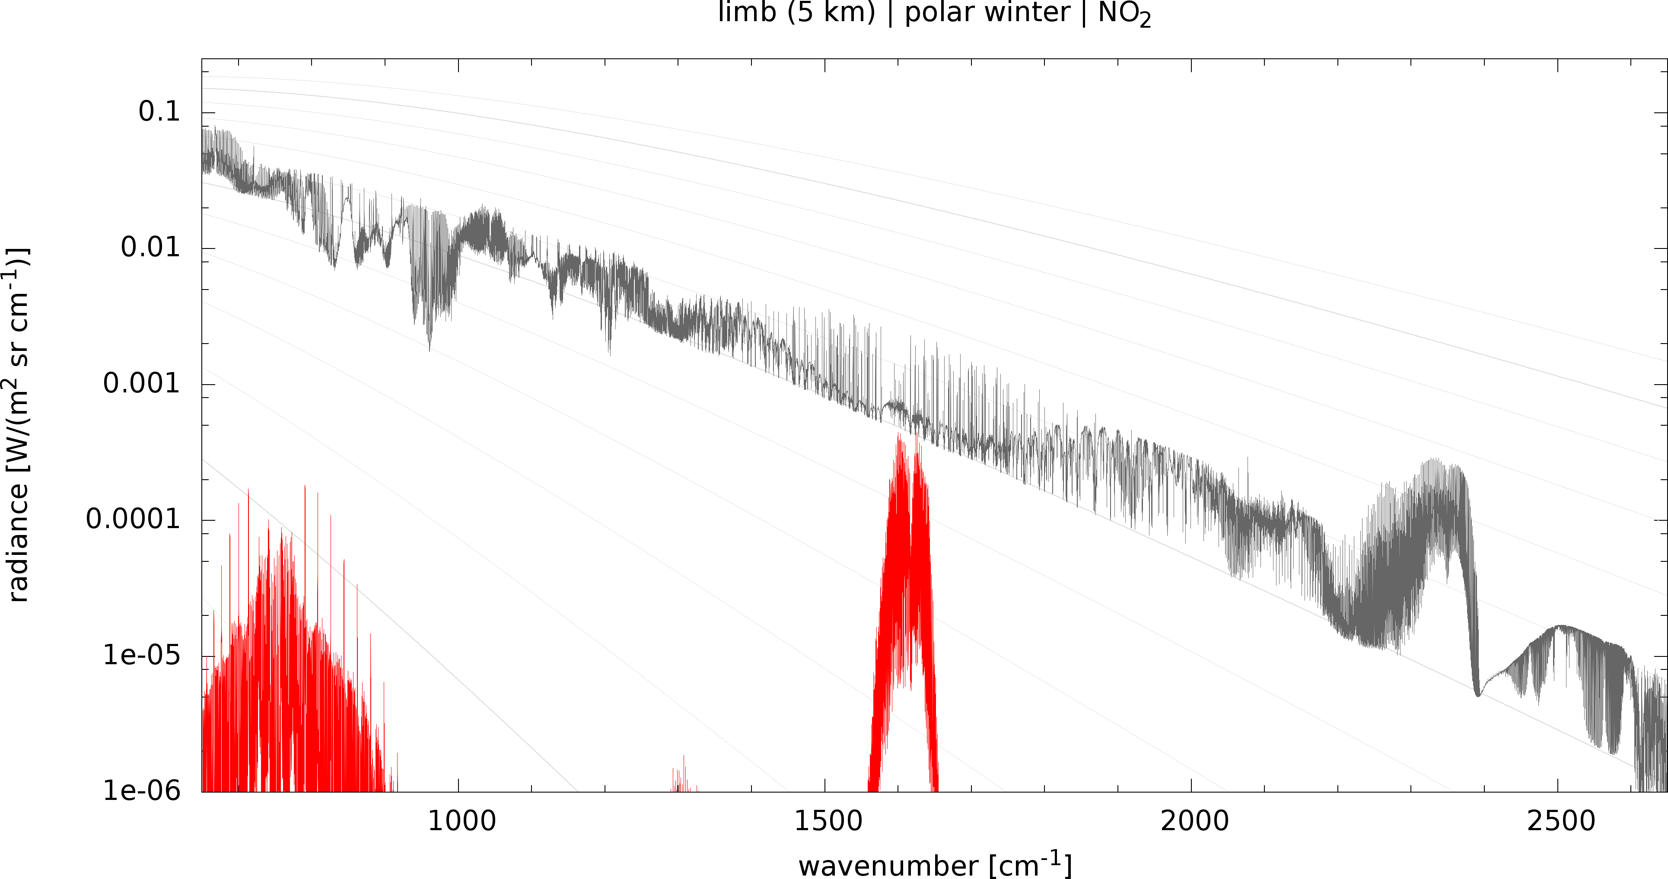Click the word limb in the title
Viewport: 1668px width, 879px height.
747,12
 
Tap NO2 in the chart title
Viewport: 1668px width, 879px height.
1125,14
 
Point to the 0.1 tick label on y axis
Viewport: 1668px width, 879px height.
159,112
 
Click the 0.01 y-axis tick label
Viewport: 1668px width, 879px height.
151,248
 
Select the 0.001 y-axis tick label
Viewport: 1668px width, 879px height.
142,383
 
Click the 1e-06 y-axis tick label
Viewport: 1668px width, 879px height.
142,791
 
